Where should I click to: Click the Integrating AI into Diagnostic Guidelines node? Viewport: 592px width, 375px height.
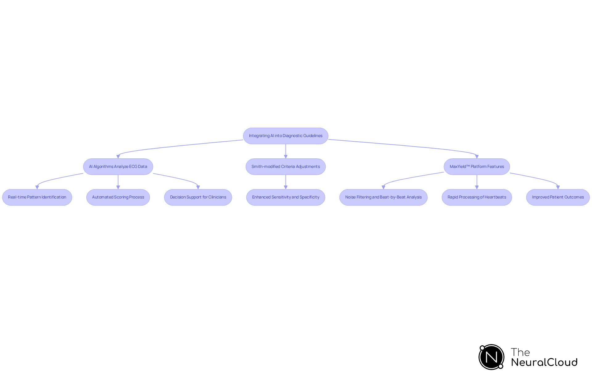pyautogui.click(x=286, y=136)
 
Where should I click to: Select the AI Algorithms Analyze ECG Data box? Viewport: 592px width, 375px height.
pyautogui.click(x=118, y=167)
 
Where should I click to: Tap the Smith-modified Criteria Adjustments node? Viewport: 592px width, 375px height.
pyautogui.click(x=286, y=167)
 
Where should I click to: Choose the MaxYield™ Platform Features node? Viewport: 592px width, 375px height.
pyautogui.click(x=477, y=167)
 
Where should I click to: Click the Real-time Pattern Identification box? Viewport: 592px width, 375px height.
pyautogui.click(x=37, y=197)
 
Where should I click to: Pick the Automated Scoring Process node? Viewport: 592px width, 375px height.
pyautogui.click(x=118, y=197)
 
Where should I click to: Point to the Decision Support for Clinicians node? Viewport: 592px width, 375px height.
pyautogui.click(x=198, y=197)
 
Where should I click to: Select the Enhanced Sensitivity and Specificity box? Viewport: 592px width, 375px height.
pyautogui.click(x=286, y=197)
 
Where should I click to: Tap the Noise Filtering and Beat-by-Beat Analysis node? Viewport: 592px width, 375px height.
pyautogui.click(x=383, y=197)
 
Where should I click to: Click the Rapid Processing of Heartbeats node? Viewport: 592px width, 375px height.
pyautogui.click(x=477, y=197)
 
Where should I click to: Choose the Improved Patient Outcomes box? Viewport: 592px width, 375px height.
pyautogui.click(x=558, y=197)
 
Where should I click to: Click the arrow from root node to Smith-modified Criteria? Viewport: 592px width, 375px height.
pyautogui.click(x=286, y=151)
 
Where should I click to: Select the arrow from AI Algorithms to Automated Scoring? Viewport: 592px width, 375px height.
pyautogui.click(x=118, y=181)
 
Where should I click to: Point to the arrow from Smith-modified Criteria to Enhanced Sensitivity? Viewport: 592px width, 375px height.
pyautogui.click(x=286, y=181)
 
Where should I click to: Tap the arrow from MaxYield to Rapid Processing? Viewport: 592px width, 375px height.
pyautogui.click(x=477, y=181)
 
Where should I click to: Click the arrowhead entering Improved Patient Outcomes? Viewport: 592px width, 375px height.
pyautogui.click(x=558, y=187)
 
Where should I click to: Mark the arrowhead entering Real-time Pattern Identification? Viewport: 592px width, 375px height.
pyautogui.click(x=37, y=187)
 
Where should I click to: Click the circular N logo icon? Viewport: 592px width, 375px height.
pyautogui.click(x=491, y=357)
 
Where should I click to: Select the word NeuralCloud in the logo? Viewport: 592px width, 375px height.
pyautogui.click(x=544, y=362)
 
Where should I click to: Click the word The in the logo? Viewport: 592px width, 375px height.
pyautogui.click(x=520, y=352)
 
